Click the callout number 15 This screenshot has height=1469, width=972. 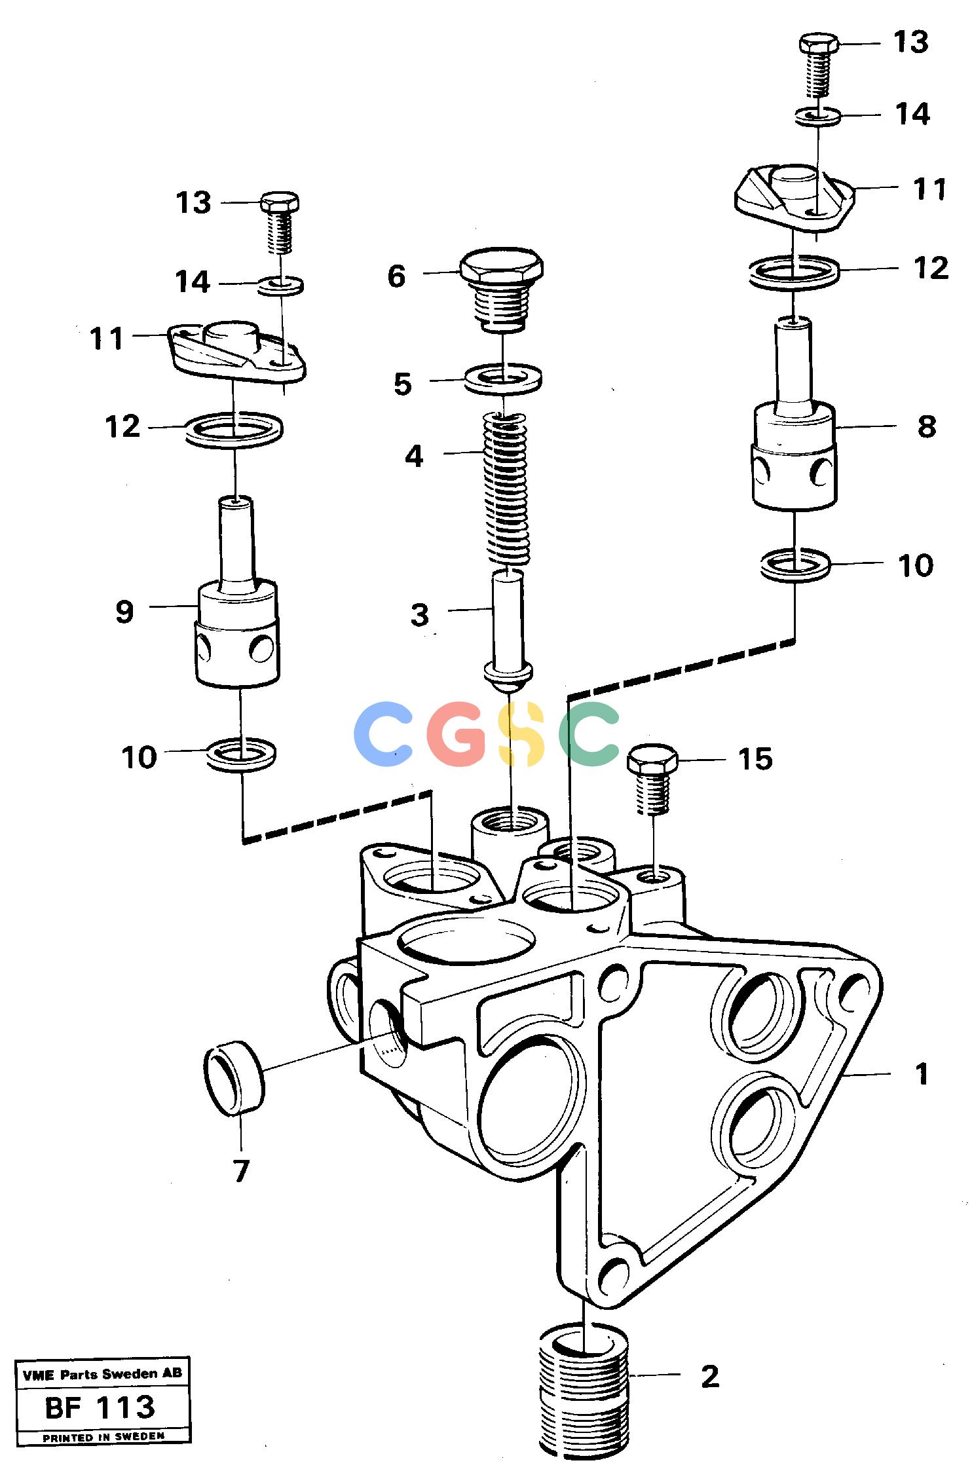tap(755, 759)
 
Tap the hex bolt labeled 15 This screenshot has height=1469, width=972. tap(652, 779)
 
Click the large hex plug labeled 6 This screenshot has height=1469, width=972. tap(502, 289)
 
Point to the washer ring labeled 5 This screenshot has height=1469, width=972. tap(502, 379)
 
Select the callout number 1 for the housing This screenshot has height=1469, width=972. tap(922, 1073)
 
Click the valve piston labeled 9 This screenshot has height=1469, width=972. tap(237, 592)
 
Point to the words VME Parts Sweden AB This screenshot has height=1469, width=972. tap(102, 1374)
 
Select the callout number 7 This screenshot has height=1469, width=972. tap(242, 1171)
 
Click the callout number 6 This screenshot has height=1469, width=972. tap(396, 276)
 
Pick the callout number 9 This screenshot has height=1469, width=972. tap(124, 612)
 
